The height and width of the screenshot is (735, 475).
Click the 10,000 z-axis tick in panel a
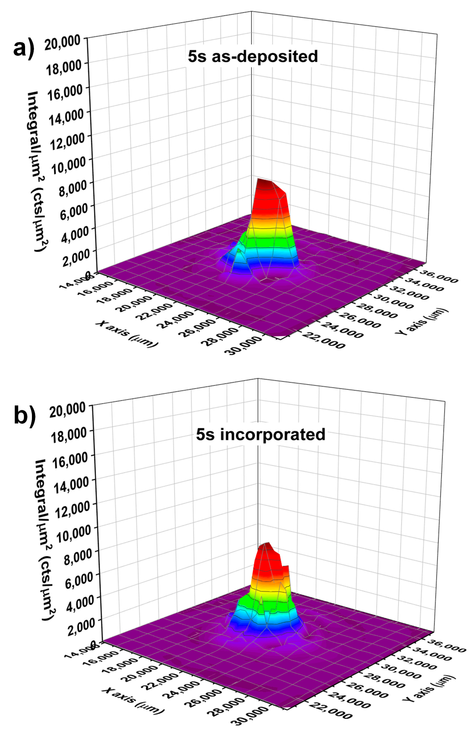click(x=68, y=165)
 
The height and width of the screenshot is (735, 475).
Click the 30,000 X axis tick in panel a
click(x=245, y=345)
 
